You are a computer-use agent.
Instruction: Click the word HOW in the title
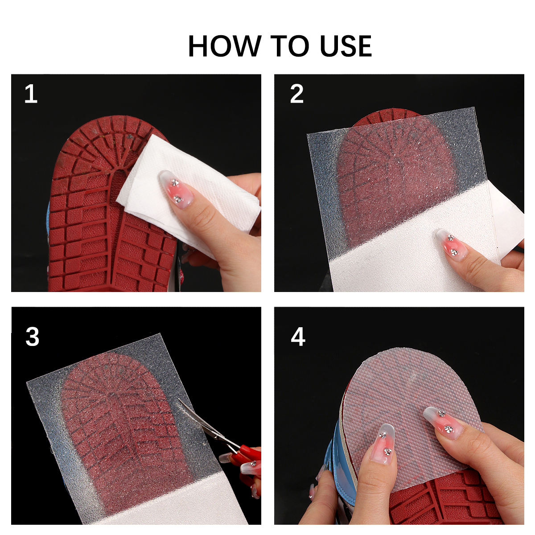pyautogui.click(x=224, y=46)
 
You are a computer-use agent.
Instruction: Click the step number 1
pyautogui.click(x=31, y=95)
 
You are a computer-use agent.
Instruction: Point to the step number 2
pyautogui.click(x=296, y=95)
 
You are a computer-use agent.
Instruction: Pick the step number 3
pyautogui.click(x=32, y=337)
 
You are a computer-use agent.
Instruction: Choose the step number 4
pyautogui.click(x=298, y=337)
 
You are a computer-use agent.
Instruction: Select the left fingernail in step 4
pyautogui.click(x=383, y=441)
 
